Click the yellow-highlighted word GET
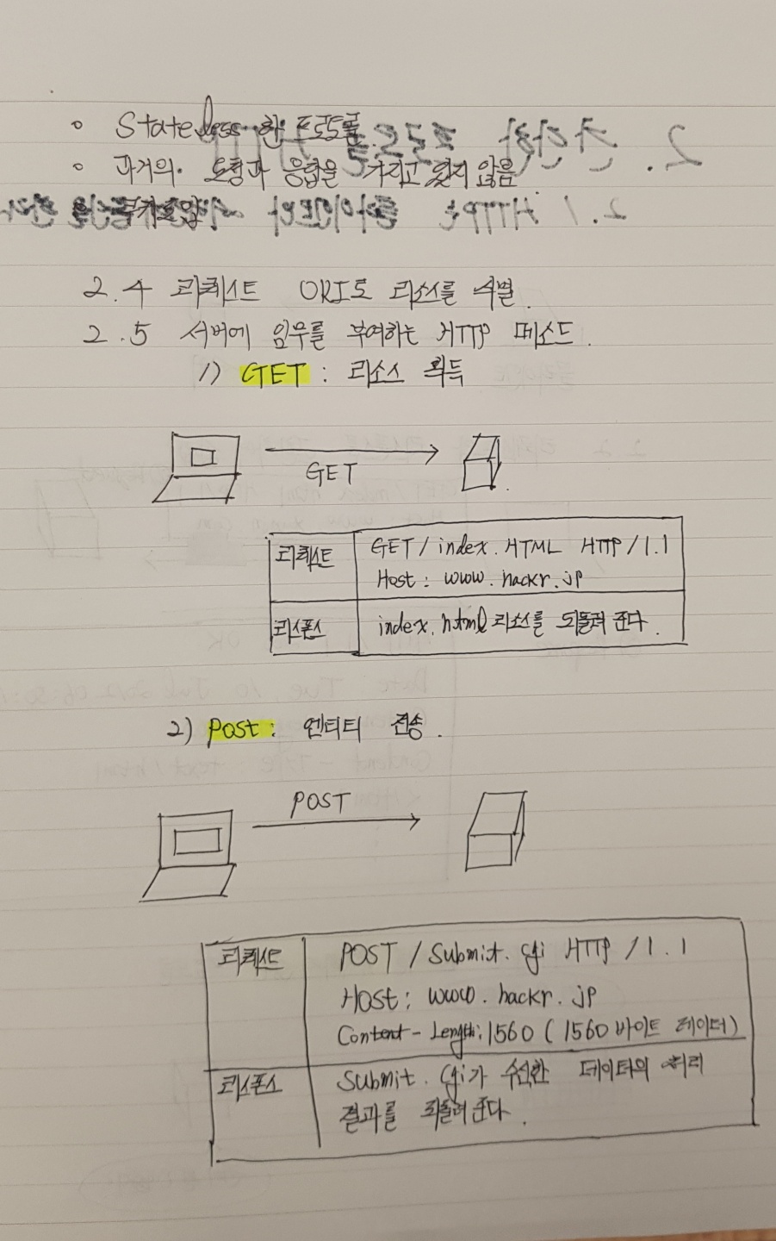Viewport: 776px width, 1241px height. point(273,375)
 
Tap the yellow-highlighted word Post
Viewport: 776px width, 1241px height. point(234,730)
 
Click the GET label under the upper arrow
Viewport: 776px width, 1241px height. point(332,473)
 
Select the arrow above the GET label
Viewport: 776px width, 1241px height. point(351,451)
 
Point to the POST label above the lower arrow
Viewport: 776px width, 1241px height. point(319,803)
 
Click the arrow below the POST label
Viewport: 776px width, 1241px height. point(336,823)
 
